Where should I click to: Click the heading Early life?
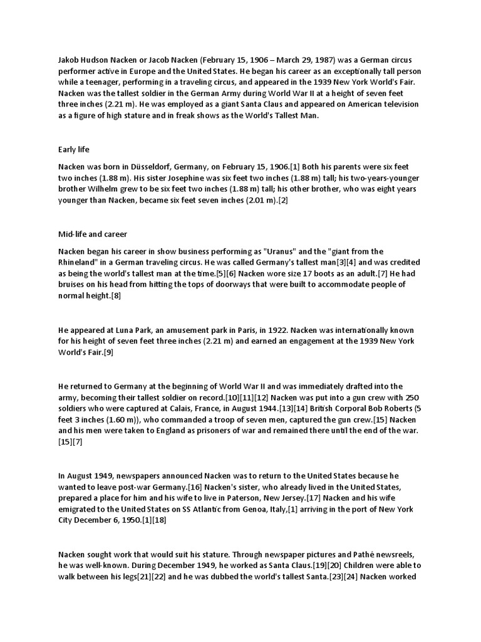tap(73, 150)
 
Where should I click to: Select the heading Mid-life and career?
tap(92, 234)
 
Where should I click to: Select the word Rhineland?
tap(80, 263)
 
